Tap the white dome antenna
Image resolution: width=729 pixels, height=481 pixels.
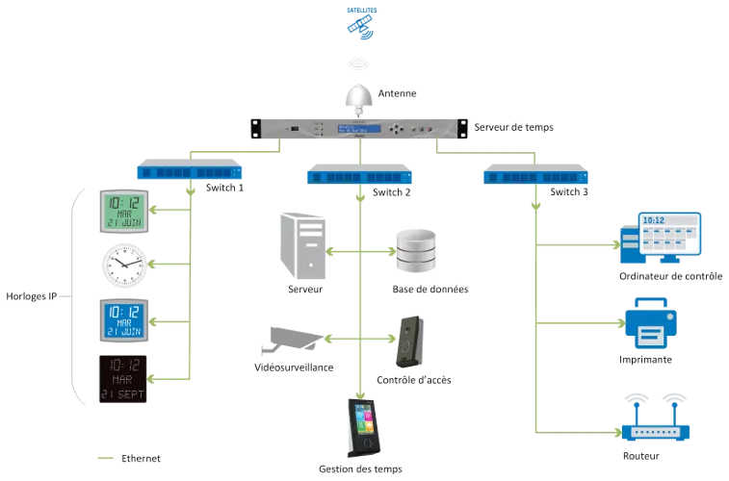pyautogui.click(x=359, y=94)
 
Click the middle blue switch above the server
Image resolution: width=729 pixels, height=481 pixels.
pyautogui.click(x=360, y=176)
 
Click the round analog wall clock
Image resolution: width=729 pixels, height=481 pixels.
pyautogui.click(x=122, y=265)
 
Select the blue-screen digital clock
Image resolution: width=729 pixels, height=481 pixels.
pyautogui.click(x=122, y=317)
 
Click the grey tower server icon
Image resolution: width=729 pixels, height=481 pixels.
pyautogui.click(x=303, y=245)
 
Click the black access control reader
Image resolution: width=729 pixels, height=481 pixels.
pyautogui.click(x=409, y=342)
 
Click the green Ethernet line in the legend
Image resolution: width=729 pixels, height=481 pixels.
pyautogui.click(x=105, y=458)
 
